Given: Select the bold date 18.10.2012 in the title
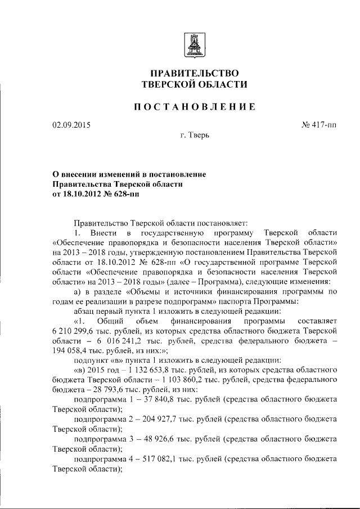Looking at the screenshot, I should click(x=82, y=194).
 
